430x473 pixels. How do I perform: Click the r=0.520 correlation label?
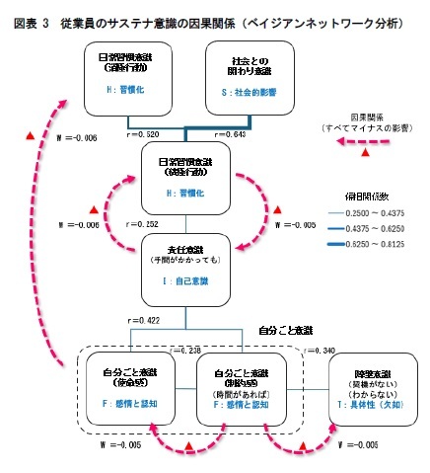(x=145, y=132)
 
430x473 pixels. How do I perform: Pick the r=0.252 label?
(x=143, y=224)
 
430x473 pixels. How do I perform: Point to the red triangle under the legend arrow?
(x=366, y=154)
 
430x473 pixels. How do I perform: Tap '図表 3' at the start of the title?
(x=31, y=21)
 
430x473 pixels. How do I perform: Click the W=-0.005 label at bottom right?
(x=358, y=445)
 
